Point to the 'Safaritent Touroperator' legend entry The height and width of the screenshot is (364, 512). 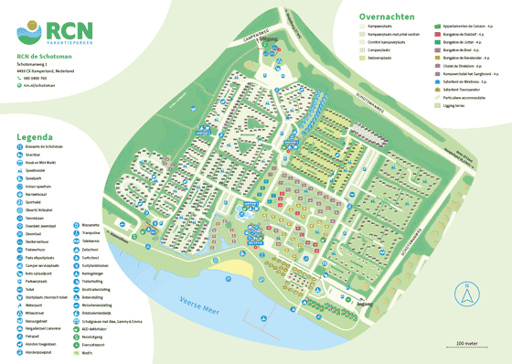(462, 90)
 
